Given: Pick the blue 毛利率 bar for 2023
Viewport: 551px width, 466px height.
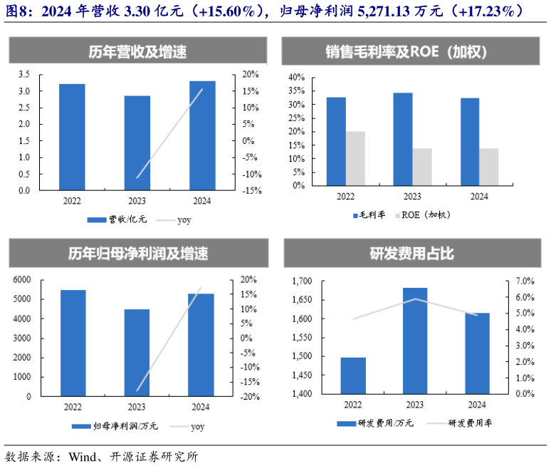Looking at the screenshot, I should pos(402,139).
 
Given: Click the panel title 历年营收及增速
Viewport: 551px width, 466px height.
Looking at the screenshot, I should pos(137,52).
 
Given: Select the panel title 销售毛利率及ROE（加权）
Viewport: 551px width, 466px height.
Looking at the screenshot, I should pos(411,52).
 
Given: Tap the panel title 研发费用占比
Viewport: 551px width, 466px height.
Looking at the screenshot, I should pos(411,254).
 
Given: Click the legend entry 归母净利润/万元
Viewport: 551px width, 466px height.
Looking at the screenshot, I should pos(117,426).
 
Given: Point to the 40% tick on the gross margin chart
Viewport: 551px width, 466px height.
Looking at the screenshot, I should pos(297,77).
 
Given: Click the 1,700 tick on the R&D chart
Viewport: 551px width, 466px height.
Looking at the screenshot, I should pos(301,281).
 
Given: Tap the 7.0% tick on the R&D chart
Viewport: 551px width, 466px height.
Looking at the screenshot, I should pos(526,281).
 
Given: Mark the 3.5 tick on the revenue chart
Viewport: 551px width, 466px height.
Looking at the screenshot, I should pos(23,74).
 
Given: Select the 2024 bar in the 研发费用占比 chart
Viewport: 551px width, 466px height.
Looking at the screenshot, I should pos(477,353).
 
